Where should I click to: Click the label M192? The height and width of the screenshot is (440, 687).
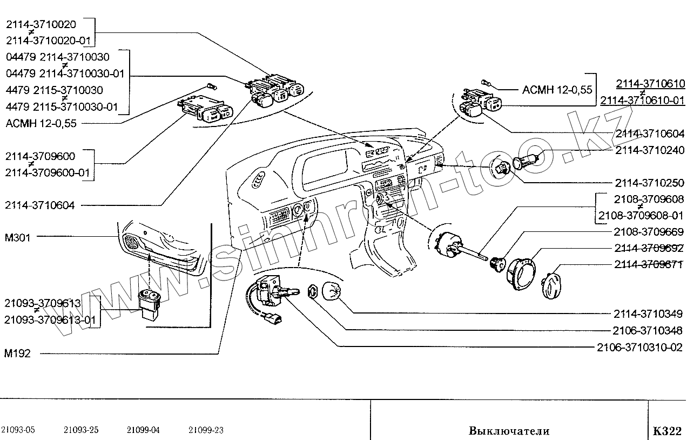pyautogui.click(x=18, y=354)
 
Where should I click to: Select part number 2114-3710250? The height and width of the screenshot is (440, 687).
pyautogui.click(x=649, y=183)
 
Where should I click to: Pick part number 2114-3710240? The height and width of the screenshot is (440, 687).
pyautogui.click(x=649, y=151)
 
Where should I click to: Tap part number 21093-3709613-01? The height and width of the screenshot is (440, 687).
pyautogui.click(x=50, y=320)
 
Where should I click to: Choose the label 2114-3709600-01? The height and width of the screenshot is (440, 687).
pyautogui.click(x=49, y=173)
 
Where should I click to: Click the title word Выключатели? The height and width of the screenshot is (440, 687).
pyautogui.click(x=509, y=431)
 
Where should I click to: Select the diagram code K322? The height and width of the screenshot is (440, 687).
pyautogui.click(x=666, y=431)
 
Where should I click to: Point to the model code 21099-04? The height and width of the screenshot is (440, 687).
pyautogui.click(x=143, y=430)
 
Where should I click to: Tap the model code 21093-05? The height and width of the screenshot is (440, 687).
pyautogui.click(x=18, y=430)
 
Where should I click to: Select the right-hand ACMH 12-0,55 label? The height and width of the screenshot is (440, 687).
pyautogui.click(x=557, y=90)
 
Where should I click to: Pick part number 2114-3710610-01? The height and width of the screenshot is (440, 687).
pyautogui.click(x=642, y=100)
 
